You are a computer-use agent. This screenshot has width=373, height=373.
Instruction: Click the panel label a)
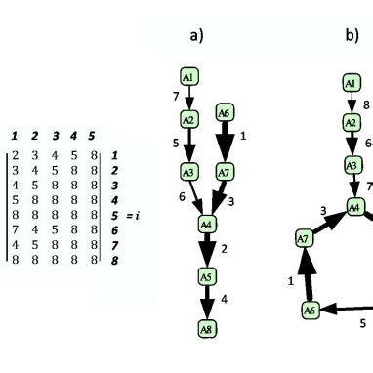coord(196,36)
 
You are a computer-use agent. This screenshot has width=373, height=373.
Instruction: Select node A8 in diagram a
coord(206,330)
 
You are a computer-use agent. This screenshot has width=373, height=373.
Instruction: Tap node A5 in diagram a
coord(206,277)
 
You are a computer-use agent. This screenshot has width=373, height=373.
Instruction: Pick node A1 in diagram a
coord(189,75)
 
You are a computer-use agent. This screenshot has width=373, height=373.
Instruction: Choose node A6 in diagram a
coord(225,113)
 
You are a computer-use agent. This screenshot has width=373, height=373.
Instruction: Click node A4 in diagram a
coord(206,225)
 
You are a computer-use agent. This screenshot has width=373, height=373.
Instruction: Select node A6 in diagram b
coord(310,310)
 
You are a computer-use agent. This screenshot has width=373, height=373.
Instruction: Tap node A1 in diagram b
coord(351,84)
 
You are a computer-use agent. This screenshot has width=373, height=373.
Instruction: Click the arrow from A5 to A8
coord(206,304)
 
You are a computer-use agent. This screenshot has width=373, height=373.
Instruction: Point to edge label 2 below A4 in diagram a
coord(224,250)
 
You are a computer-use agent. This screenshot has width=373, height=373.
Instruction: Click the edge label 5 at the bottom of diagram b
coord(361,323)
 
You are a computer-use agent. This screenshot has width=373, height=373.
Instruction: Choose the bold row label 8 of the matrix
coord(114,261)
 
